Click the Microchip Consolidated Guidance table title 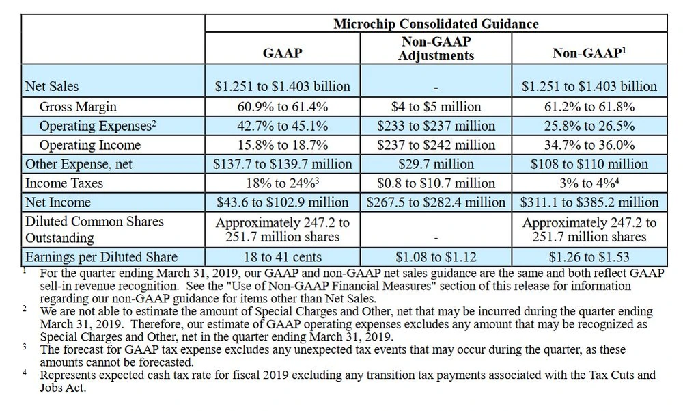pyautogui.click(x=436, y=24)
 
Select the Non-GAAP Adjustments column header pyautogui.click(x=436, y=49)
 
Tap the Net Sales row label pyautogui.click(x=52, y=86)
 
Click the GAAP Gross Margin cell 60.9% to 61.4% pyautogui.click(x=282, y=107)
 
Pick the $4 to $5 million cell pyautogui.click(x=436, y=107)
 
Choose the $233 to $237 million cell pyautogui.click(x=436, y=126)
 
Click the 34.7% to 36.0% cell pyautogui.click(x=589, y=145)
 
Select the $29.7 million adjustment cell pyautogui.click(x=436, y=164)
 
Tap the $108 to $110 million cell pyautogui.click(x=589, y=164)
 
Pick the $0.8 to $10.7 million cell pyautogui.click(x=436, y=183)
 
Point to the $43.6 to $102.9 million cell pyautogui.click(x=282, y=202)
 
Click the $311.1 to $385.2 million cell pyautogui.click(x=589, y=202)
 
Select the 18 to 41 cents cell pyautogui.click(x=282, y=257)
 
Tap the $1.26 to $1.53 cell pyautogui.click(x=589, y=257)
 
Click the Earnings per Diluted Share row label pyautogui.click(x=101, y=257)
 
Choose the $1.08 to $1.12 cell pyautogui.click(x=436, y=257)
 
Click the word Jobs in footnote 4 pyautogui.click(x=52, y=387)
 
